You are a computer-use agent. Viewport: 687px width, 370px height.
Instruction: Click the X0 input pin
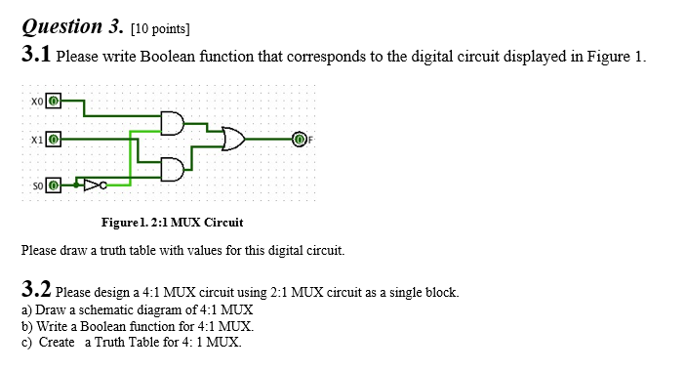coord(55,100)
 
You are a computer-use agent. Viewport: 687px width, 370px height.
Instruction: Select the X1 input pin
coord(55,141)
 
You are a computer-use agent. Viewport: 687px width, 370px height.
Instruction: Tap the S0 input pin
coord(55,183)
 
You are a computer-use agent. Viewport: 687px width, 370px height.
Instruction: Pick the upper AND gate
coord(173,122)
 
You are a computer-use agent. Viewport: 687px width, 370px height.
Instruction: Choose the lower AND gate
coord(173,169)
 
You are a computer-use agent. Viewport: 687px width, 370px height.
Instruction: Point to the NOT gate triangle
coord(92,183)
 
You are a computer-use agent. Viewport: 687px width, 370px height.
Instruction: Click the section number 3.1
coord(36,56)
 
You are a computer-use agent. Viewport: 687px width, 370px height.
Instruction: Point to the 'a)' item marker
coord(27,308)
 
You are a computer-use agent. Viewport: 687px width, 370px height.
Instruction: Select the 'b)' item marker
coord(27,325)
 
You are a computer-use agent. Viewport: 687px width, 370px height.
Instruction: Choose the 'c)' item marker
coord(27,342)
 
